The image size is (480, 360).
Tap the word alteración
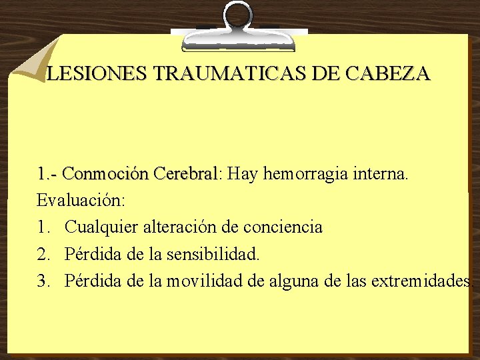pos(183,227)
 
